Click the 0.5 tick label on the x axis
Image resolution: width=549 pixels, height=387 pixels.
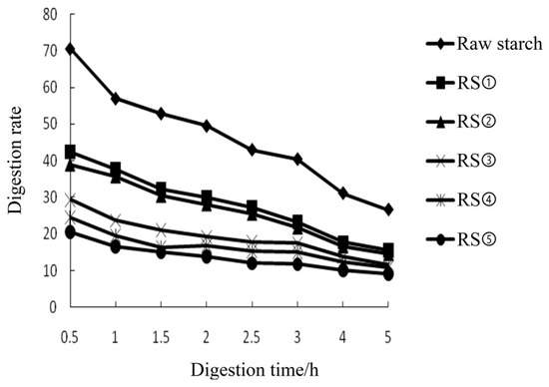[71, 326]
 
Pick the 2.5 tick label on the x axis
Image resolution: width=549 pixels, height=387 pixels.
[252, 326]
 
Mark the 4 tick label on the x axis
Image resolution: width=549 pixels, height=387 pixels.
[343, 326]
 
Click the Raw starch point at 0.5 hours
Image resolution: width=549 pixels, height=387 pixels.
[71, 48]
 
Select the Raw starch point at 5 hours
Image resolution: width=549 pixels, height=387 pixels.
[388, 209]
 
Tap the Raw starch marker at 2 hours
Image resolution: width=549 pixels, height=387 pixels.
[207, 126]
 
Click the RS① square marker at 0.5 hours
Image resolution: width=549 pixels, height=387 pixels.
[71, 152]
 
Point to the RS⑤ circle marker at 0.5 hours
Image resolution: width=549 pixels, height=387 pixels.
[71, 232]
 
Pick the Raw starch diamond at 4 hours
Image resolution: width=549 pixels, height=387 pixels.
[343, 193]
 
